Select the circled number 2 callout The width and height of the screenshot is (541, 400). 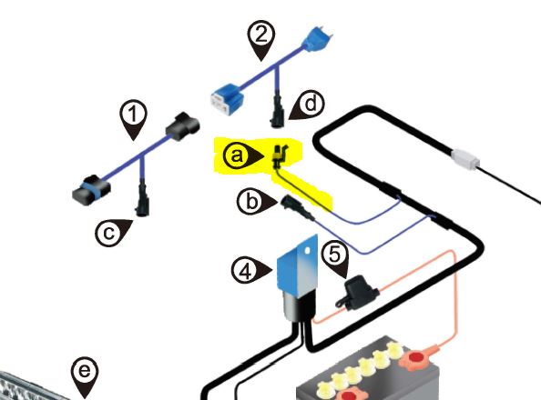pyautogui.click(x=261, y=40)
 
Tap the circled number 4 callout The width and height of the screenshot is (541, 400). pyautogui.click(x=251, y=271)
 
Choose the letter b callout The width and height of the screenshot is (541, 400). pyautogui.click(x=257, y=201)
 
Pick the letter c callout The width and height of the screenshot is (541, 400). pyautogui.click(x=113, y=233)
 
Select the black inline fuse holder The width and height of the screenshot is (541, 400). pyautogui.click(x=356, y=293)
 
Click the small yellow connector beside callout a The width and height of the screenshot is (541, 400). pyautogui.click(x=278, y=156)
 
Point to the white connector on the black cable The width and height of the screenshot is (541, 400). pyautogui.click(x=465, y=159)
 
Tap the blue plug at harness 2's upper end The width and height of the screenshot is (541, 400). pyautogui.click(x=317, y=40)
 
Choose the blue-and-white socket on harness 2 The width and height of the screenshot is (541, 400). pyautogui.click(x=227, y=101)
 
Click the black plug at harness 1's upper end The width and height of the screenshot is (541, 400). pyautogui.click(x=182, y=126)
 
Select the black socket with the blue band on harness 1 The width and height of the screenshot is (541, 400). pyautogui.click(x=91, y=189)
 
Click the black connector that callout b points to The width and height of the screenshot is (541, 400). pyautogui.click(x=298, y=207)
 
